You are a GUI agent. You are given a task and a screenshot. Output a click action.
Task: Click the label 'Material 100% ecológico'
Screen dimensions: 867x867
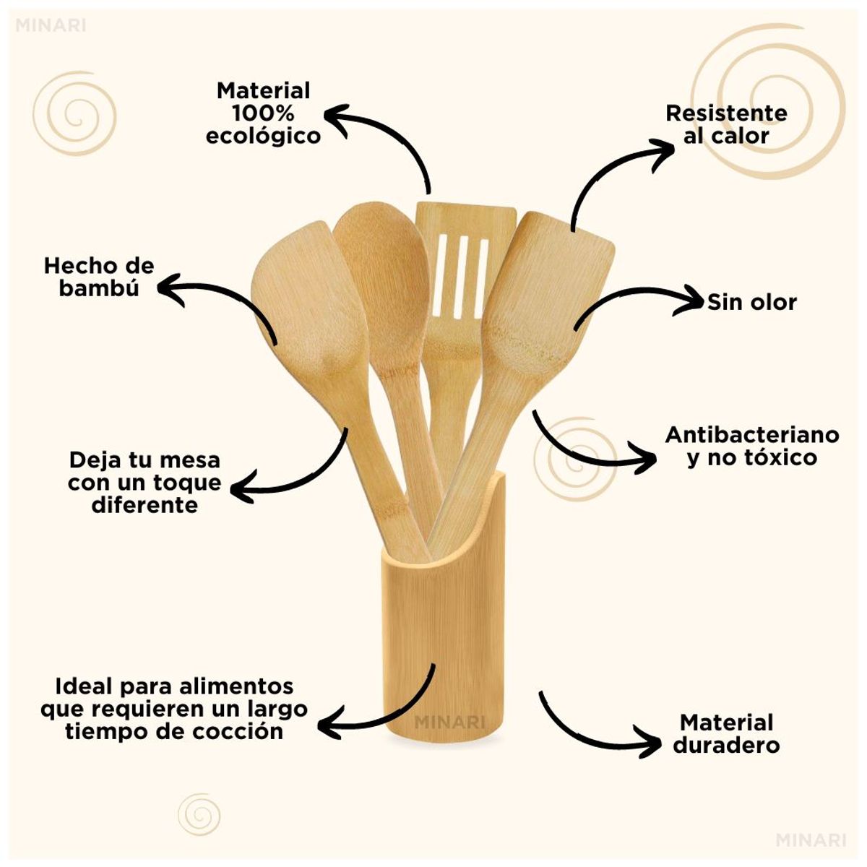[263, 113]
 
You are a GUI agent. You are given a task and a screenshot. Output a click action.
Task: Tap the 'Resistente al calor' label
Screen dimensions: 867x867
[726, 124]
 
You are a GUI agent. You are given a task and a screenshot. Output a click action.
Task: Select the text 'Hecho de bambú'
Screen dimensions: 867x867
[99, 277]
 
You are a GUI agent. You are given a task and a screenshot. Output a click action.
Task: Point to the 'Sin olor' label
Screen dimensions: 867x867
[751, 302]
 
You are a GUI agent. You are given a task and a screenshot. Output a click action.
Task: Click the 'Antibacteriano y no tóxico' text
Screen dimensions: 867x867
[752, 446]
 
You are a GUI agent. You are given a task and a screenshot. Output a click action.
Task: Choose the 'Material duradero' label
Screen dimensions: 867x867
[727, 733]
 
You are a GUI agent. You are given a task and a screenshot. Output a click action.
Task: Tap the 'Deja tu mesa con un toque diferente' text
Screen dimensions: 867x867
[144, 482]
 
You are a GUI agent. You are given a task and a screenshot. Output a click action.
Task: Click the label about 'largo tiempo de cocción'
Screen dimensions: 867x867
[174, 708]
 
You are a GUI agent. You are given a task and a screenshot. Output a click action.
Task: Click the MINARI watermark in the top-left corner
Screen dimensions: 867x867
[50, 25]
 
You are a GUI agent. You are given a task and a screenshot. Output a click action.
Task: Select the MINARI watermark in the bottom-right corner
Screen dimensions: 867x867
[811, 840]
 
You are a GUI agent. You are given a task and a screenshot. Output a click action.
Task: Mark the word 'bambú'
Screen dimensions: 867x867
[99, 288]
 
